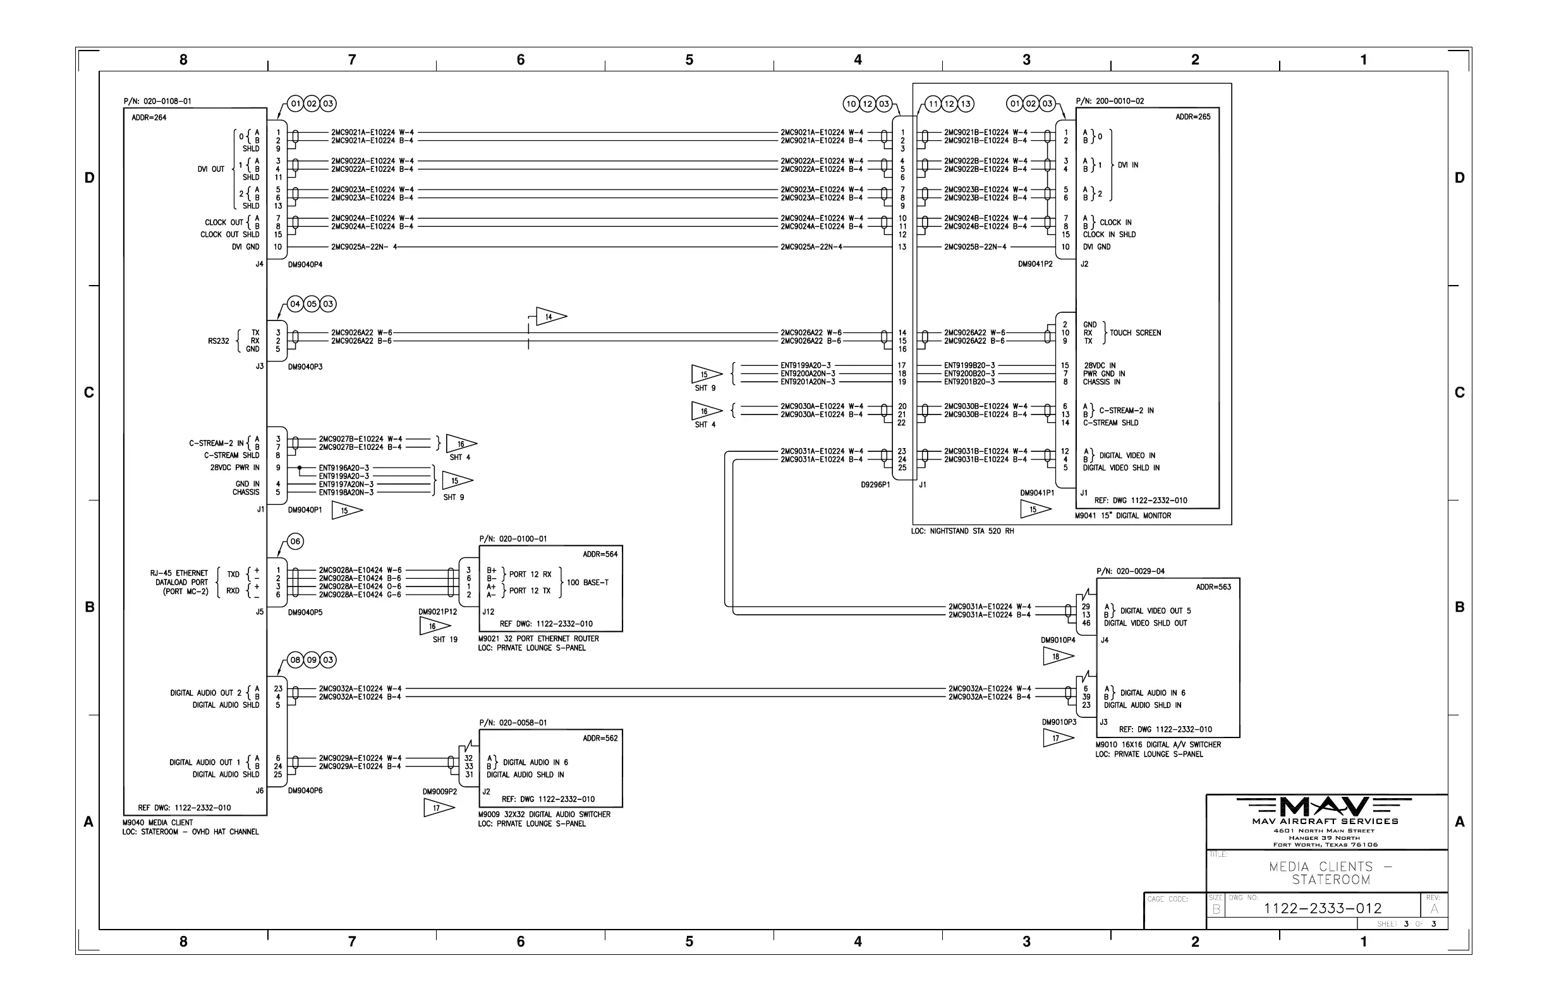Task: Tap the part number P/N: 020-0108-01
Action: click(x=157, y=101)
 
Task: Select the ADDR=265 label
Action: click(x=1192, y=117)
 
